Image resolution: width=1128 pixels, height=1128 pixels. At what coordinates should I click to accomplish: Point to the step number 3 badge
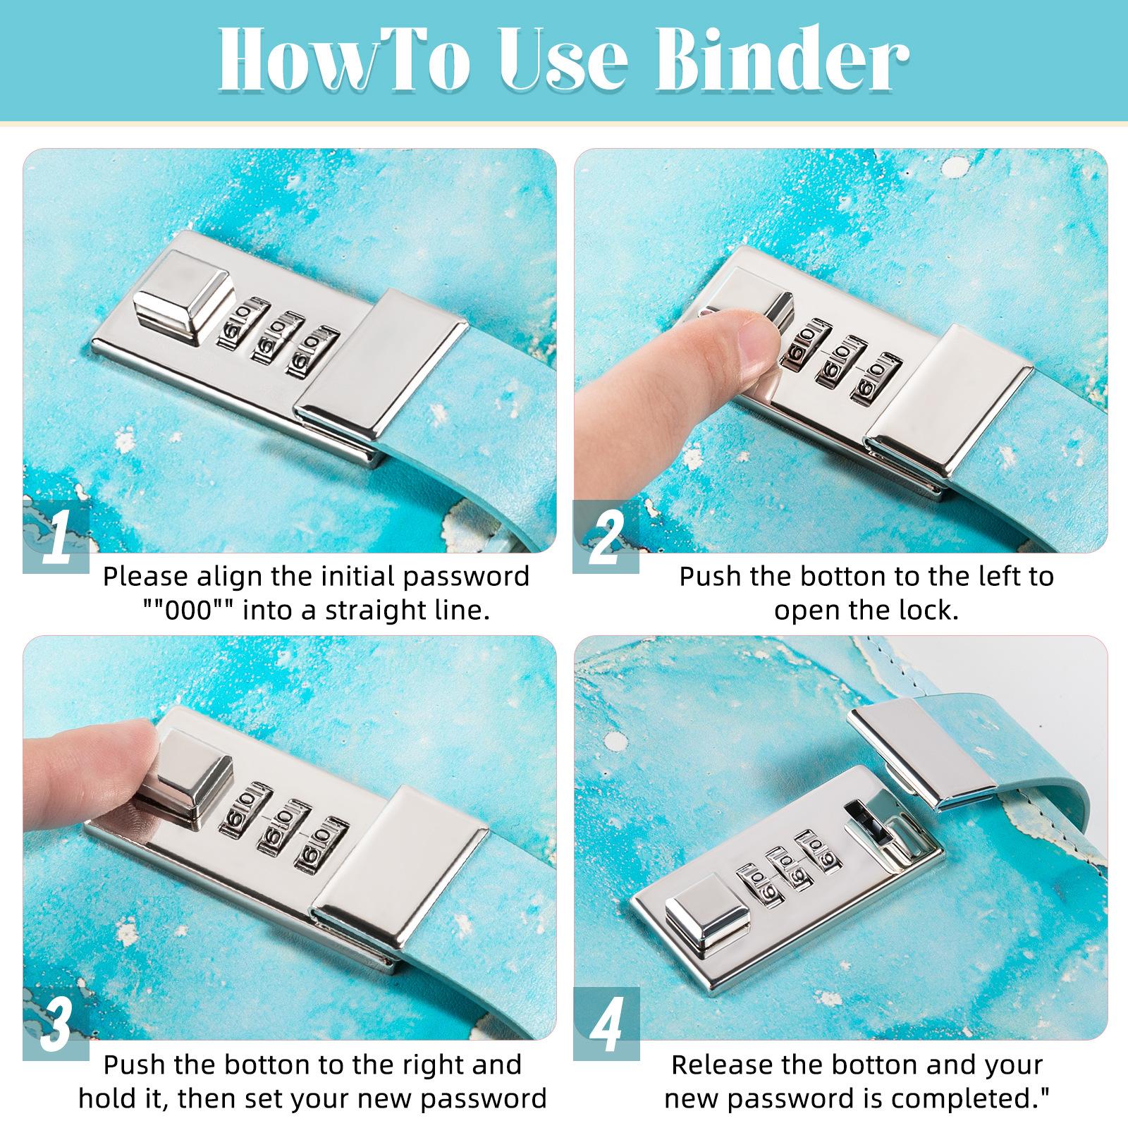(x=56, y=1026)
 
